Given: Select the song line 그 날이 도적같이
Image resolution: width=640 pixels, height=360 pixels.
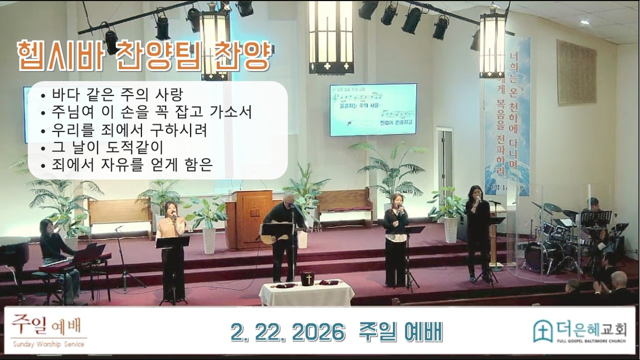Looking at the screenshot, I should click(107, 147).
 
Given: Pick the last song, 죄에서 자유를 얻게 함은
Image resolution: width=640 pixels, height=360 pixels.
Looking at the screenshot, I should click(132, 164).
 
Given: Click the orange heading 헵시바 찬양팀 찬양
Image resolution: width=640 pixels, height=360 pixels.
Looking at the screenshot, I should click(143, 56).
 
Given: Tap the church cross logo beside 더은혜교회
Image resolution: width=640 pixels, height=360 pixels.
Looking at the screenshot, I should click(542, 331).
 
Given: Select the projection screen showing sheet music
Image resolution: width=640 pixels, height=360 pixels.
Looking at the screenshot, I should click(373, 109).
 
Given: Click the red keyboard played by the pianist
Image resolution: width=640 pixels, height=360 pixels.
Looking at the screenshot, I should click(75, 262).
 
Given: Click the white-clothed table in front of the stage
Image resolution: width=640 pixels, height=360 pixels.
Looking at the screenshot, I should click(306, 293).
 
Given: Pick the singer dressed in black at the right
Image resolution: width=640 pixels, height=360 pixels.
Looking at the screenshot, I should click(477, 230).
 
